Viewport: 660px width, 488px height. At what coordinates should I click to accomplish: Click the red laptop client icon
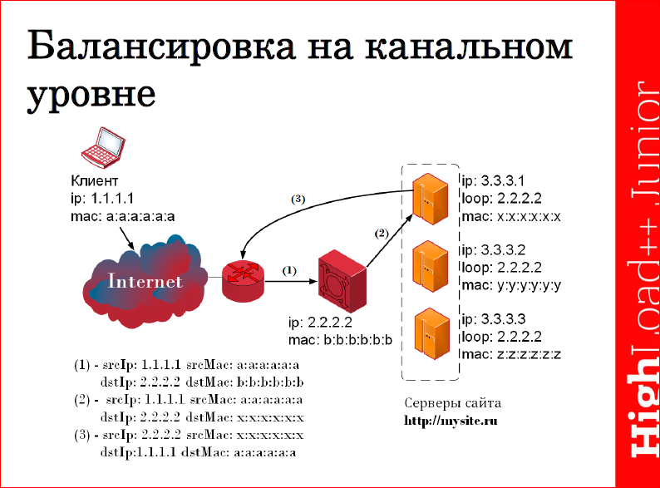[100, 150]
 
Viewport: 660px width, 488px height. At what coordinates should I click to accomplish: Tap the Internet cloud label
[145, 281]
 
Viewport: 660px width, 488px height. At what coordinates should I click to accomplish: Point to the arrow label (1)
[289, 270]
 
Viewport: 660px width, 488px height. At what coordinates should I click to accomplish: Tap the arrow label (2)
[382, 234]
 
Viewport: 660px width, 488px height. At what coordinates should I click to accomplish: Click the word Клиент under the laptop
[94, 181]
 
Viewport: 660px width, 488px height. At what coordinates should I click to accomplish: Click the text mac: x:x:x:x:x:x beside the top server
[511, 217]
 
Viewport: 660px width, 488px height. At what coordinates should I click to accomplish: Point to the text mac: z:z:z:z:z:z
[511, 355]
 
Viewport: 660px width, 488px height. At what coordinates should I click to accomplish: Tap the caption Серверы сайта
[453, 404]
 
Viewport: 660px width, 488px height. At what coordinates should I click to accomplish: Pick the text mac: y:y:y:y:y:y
[511, 286]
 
